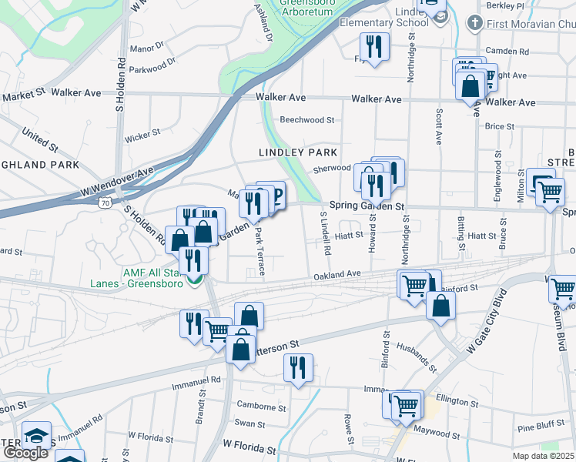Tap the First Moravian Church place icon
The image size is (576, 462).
(475, 24)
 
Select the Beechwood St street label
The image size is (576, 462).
(307, 120)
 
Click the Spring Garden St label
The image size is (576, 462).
(367, 206)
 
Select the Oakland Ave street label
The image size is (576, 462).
(337, 274)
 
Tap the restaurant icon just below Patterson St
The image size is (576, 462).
(296, 367)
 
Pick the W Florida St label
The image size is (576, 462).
(249, 446)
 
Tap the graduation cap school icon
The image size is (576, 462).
(36, 435)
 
